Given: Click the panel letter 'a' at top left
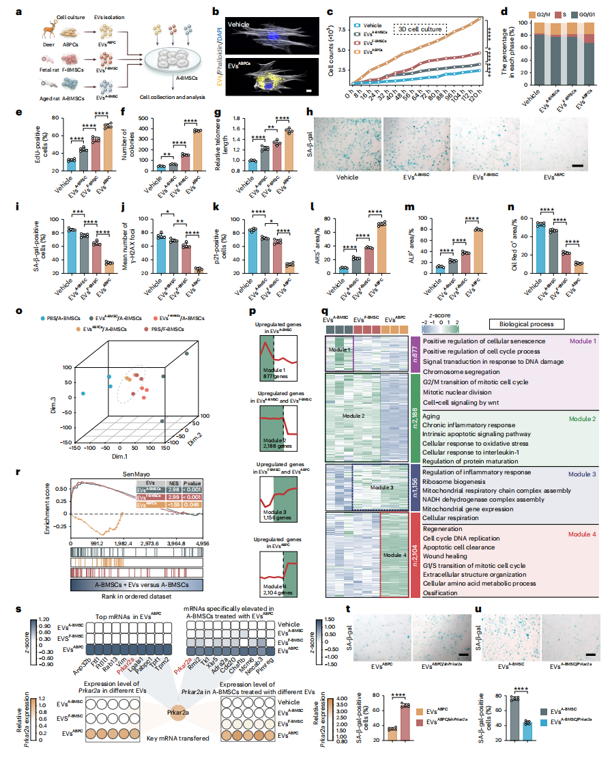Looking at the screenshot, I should coord(25,11).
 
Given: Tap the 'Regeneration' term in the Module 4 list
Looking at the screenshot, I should coord(444,528).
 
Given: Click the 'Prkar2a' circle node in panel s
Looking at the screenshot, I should coord(176,714).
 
